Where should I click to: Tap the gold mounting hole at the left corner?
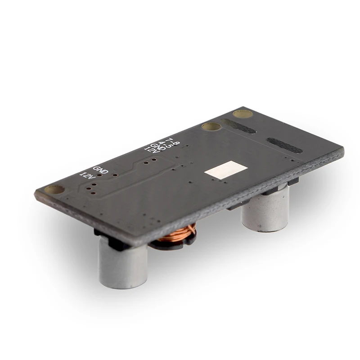[x=54, y=190]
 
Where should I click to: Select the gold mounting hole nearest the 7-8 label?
[x=211, y=127]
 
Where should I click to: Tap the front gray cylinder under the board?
[x=123, y=265]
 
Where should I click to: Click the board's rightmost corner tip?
[x=343, y=151]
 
